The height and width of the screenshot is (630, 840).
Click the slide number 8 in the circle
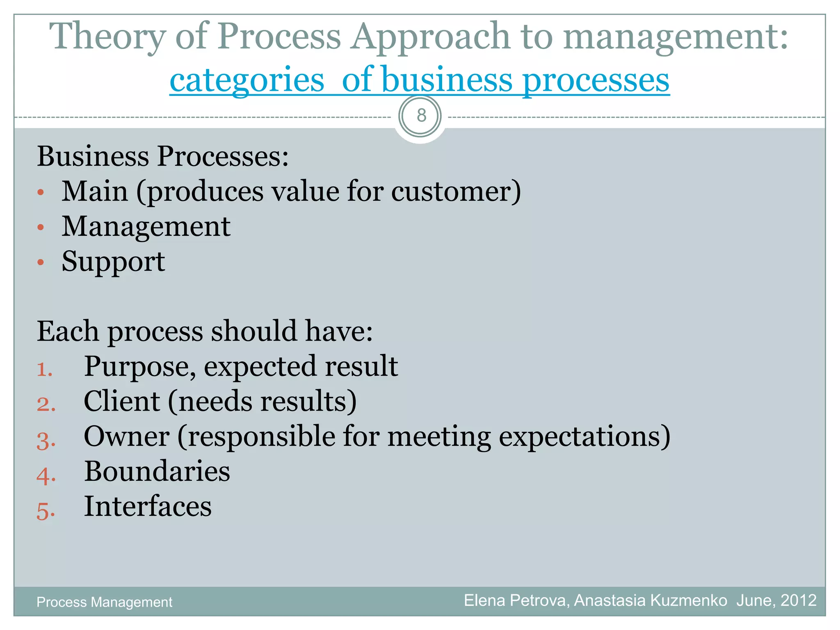click(x=421, y=116)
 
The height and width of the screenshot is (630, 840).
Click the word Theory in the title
click(x=107, y=37)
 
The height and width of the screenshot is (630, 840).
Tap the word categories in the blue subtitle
click(x=247, y=80)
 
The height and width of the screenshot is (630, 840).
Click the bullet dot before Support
click(x=40, y=262)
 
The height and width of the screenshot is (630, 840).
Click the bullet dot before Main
click(x=40, y=192)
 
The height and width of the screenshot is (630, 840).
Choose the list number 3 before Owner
click(x=45, y=441)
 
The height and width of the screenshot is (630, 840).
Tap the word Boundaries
click(x=157, y=471)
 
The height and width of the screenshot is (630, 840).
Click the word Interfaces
click(x=148, y=506)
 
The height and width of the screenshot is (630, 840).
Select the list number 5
click(x=45, y=511)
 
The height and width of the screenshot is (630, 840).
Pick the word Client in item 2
click(x=121, y=401)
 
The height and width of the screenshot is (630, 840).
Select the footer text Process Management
click(x=104, y=602)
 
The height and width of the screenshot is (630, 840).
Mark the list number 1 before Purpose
click(x=44, y=370)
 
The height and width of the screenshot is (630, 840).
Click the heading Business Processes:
click(x=163, y=156)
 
